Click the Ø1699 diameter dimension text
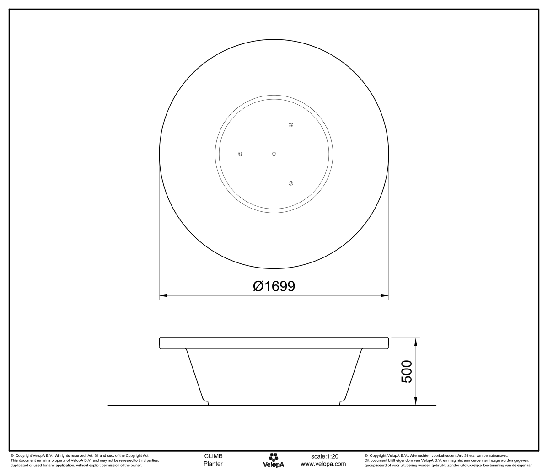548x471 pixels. [x=274, y=286]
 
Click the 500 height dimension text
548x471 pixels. [x=407, y=371]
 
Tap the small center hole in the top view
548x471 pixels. [x=274, y=154]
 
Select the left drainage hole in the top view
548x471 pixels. [x=240, y=154]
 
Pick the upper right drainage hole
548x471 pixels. [x=291, y=125]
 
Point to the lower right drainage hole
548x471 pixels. [x=291, y=183]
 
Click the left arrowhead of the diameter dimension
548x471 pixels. [x=163, y=296]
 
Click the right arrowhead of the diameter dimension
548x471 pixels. [x=385, y=296]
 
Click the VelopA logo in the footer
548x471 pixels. [x=274, y=460]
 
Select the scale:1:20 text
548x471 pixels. [x=324, y=456]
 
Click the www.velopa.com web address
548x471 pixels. [x=323, y=464]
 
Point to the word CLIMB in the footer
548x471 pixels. [x=213, y=456]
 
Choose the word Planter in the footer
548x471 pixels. [x=213, y=464]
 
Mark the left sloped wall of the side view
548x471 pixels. [x=196, y=375]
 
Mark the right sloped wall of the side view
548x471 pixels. [x=352, y=375]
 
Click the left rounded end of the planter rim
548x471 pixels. [x=160, y=343]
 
